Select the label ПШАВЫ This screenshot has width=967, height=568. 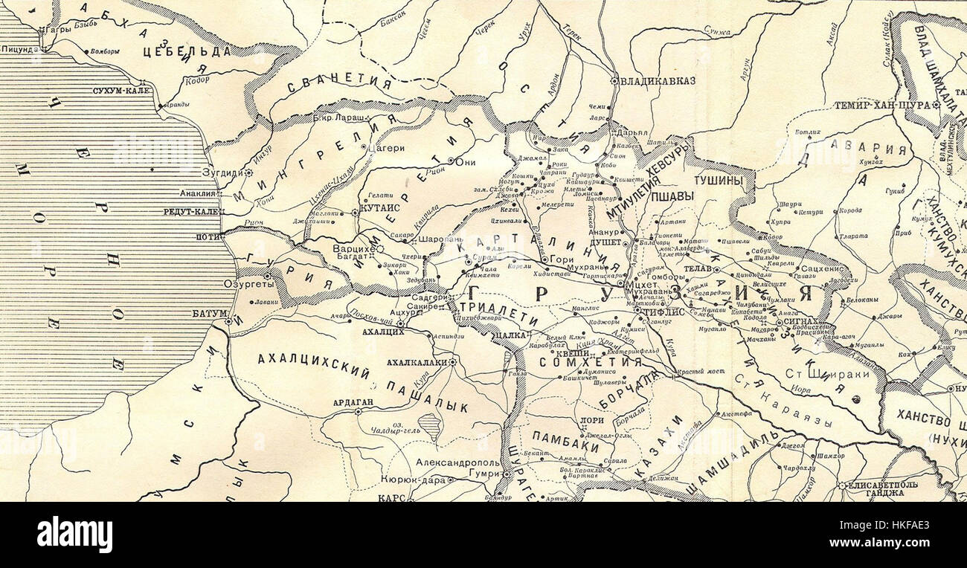click(672, 197)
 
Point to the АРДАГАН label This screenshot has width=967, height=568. click(353, 401)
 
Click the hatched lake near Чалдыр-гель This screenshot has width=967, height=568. click(430, 426)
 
